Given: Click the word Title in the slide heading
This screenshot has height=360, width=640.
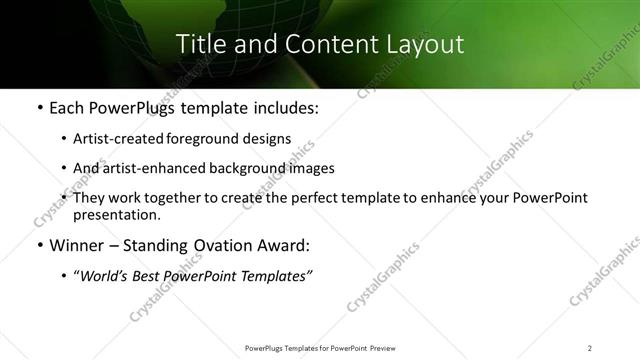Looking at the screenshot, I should [x=198, y=44].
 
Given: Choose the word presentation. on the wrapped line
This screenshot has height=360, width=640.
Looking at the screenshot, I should [x=116, y=214].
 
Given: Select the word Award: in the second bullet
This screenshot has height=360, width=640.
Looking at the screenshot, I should [x=286, y=245].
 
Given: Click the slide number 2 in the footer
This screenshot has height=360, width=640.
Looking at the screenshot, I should [x=590, y=347].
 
